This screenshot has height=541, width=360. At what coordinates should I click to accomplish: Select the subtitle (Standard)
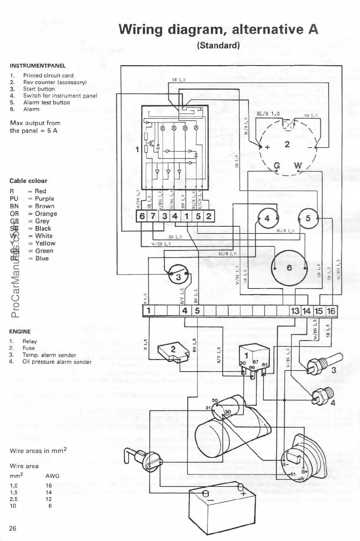click(218, 45)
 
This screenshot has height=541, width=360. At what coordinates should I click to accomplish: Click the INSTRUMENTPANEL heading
click(38, 66)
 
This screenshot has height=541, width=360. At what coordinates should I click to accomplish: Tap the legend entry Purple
click(44, 199)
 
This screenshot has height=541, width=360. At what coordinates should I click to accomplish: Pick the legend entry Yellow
click(45, 243)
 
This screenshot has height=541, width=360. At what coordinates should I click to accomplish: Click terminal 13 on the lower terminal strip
click(295, 311)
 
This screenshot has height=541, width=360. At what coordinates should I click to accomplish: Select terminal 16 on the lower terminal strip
click(331, 311)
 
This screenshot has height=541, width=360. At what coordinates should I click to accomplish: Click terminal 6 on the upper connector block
click(142, 216)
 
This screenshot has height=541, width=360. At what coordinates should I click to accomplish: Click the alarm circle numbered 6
click(289, 268)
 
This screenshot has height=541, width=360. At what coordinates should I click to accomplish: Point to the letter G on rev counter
click(277, 166)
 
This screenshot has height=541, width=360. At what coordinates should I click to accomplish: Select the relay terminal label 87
click(255, 362)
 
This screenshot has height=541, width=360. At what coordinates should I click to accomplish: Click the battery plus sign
click(243, 493)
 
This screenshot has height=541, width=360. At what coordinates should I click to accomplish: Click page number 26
click(13, 528)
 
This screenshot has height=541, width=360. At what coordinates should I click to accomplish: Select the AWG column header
click(52, 475)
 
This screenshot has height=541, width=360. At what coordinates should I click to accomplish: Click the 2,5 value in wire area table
click(14, 499)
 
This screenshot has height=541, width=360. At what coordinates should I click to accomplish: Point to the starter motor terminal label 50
click(215, 400)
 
